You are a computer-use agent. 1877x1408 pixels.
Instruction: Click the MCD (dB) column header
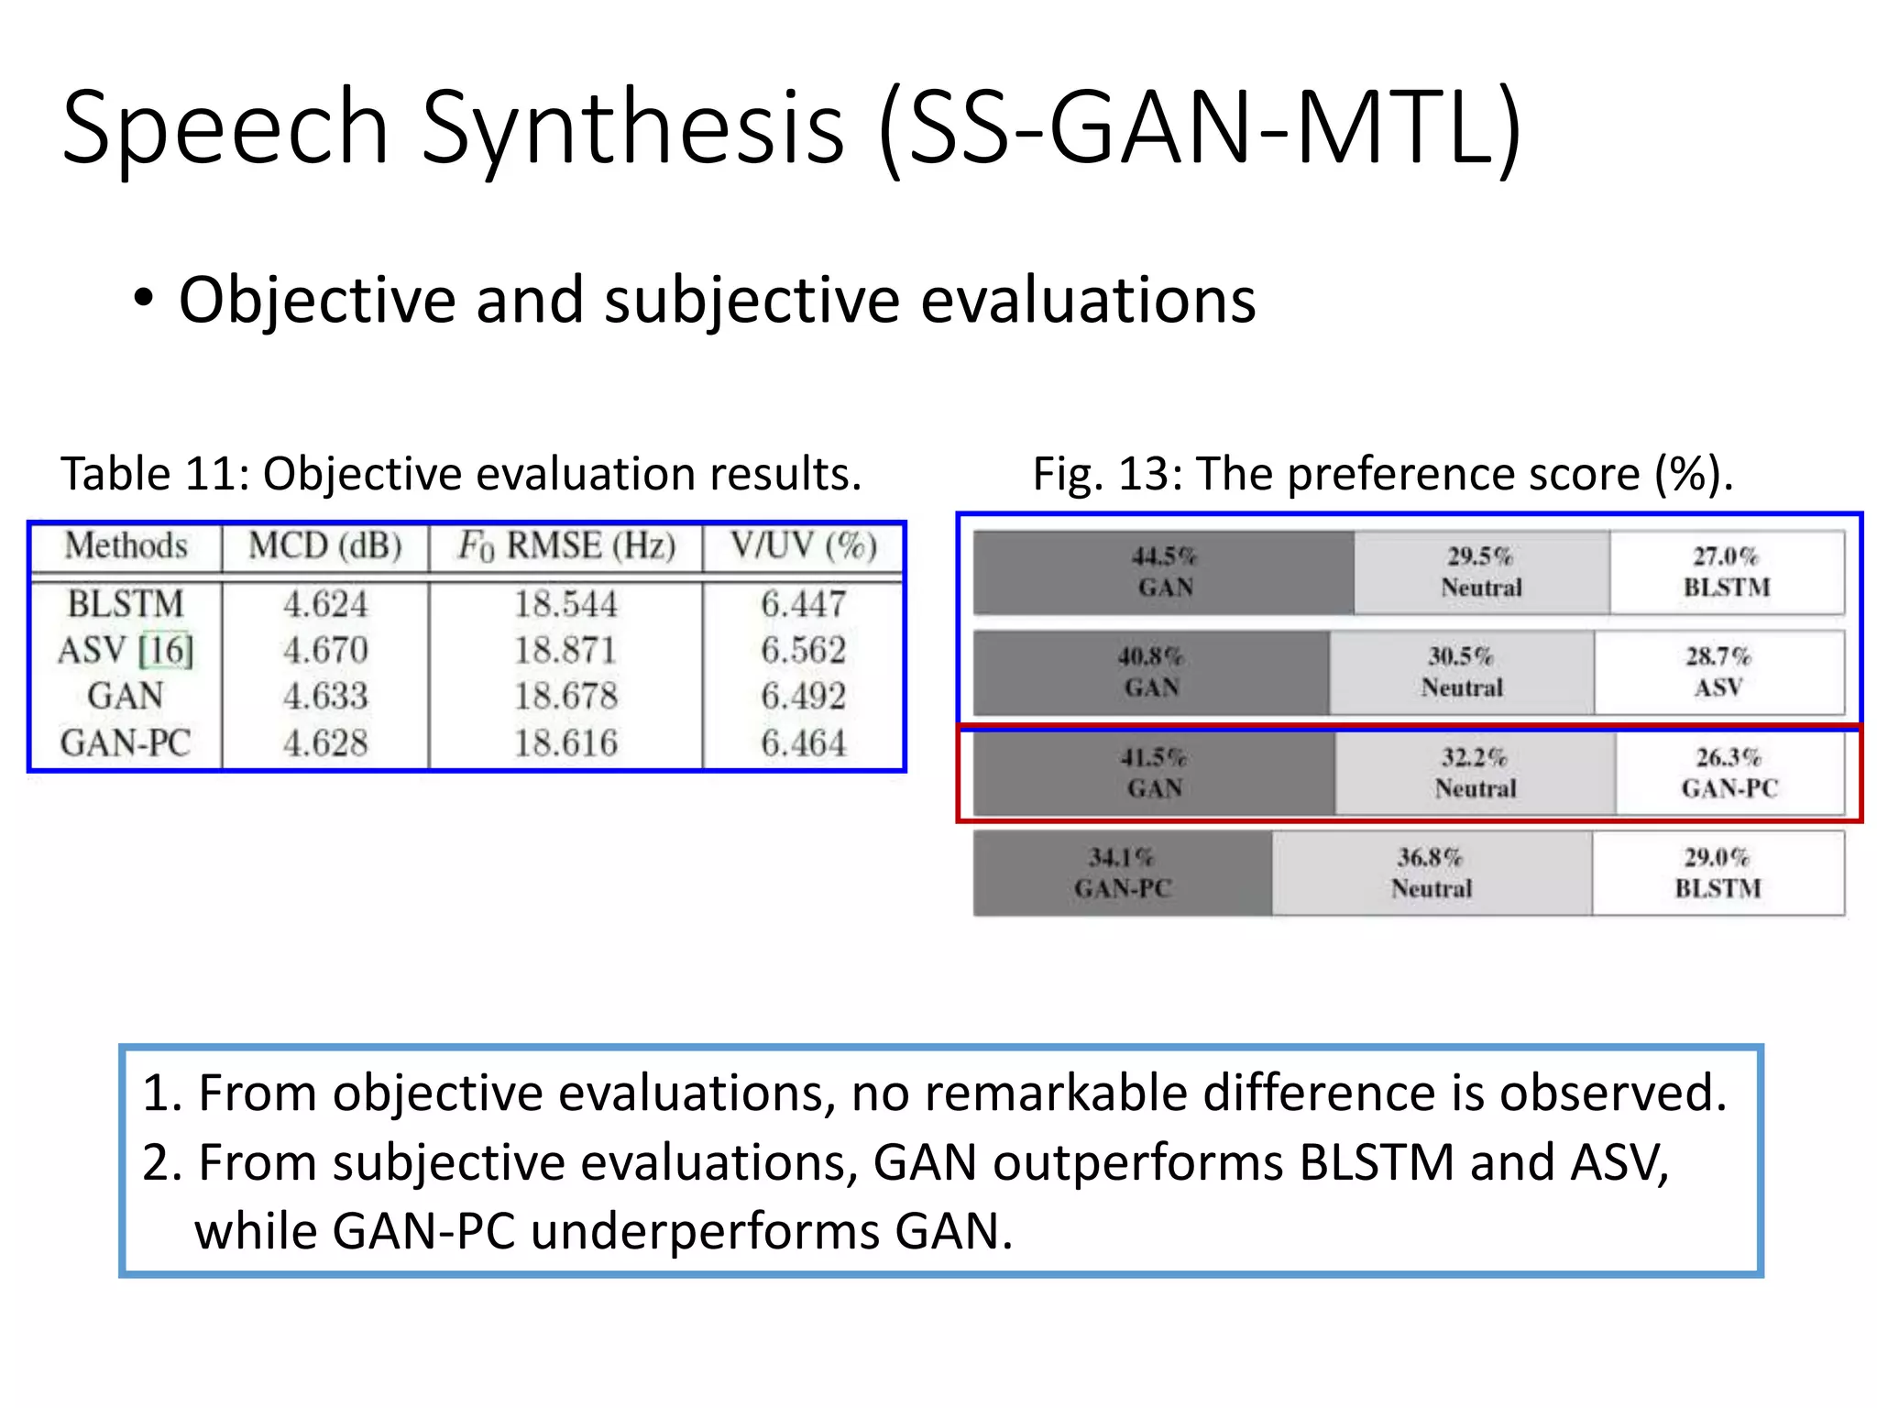coord(325,546)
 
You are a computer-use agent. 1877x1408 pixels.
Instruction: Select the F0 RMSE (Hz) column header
coord(566,546)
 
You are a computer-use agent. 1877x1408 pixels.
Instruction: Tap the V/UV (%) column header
coord(804,546)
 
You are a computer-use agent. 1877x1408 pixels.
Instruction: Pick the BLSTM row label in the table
coord(126,604)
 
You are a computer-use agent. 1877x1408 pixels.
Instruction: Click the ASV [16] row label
coord(126,651)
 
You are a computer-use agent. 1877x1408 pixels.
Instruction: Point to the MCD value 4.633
coord(325,697)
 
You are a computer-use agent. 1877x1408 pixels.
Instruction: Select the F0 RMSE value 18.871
coord(565,651)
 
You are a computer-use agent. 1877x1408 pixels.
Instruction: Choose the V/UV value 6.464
coord(804,742)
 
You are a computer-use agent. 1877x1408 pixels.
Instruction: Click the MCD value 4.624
coord(325,604)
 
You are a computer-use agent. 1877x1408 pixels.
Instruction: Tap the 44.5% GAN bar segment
coord(1163,572)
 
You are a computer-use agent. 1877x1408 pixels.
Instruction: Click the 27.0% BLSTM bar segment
coord(1727,572)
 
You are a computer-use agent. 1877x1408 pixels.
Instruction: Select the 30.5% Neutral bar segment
coord(1462,672)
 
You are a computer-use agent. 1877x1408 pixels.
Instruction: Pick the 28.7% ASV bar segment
coord(1718,672)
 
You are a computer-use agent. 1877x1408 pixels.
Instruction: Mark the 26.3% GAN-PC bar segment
coord(1729,773)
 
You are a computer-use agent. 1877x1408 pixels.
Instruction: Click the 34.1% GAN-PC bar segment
coord(1123,873)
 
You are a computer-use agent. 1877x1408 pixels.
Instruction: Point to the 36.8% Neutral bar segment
coord(1432,873)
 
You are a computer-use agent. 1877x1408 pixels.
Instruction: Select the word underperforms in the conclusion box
coord(705,1231)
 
